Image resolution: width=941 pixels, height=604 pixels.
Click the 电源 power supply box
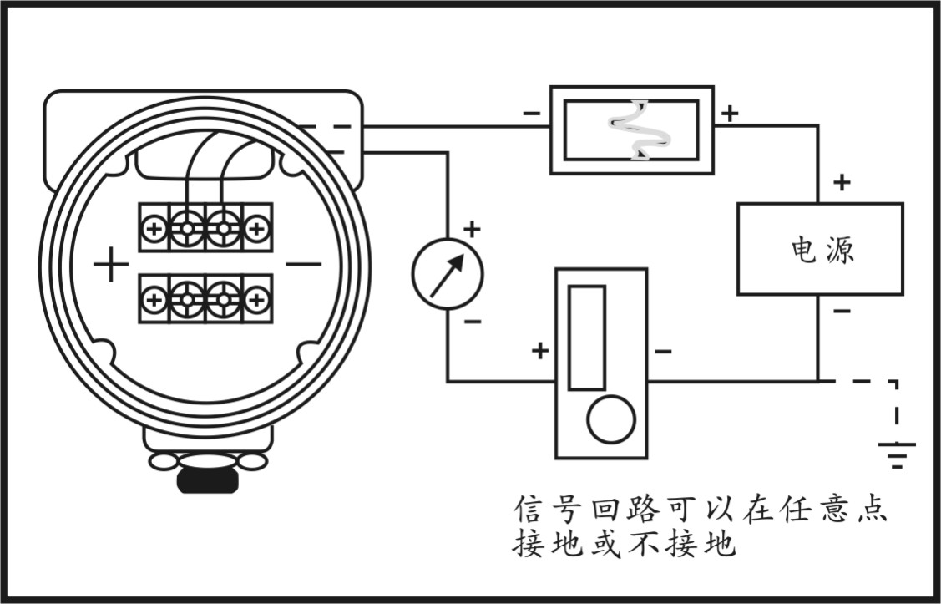click(819, 249)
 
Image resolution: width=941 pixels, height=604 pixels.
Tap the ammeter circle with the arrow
click(448, 274)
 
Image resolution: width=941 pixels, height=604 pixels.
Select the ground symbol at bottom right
click(897, 454)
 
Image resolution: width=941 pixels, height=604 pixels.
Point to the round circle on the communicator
click(610, 419)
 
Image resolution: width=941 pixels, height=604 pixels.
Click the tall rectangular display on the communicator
click(586, 338)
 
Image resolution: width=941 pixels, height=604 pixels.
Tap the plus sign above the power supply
click(842, 182)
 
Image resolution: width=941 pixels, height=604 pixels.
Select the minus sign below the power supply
click(842, 312)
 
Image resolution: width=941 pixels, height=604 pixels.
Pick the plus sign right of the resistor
click(730, 113)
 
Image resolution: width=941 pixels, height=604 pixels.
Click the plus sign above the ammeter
click(472, 228)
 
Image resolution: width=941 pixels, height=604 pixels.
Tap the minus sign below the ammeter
click(472, 322)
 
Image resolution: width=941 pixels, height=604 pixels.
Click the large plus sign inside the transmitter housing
click(110, 265)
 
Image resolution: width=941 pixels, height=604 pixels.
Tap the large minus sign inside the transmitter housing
click(303, 265)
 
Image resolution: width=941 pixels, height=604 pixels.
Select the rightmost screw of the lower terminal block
click(257, 298)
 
